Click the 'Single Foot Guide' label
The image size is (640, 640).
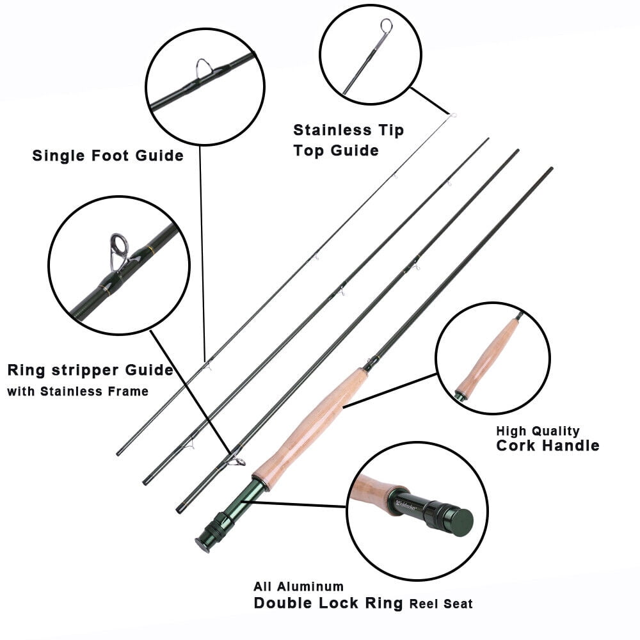point(108,156)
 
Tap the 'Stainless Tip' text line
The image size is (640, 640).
point(348,131)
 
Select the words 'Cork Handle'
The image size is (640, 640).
point(547,445)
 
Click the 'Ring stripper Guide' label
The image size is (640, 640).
point(90,370)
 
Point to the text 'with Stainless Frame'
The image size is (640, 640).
point(77,391)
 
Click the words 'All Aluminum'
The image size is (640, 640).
point(298,586)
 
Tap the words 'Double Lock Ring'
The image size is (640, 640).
point(328,603)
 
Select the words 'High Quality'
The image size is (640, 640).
point(538,431)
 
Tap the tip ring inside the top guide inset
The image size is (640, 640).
point(386,27)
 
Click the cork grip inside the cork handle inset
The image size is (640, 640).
point(489,358)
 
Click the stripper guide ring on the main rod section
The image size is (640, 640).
point(238,460)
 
